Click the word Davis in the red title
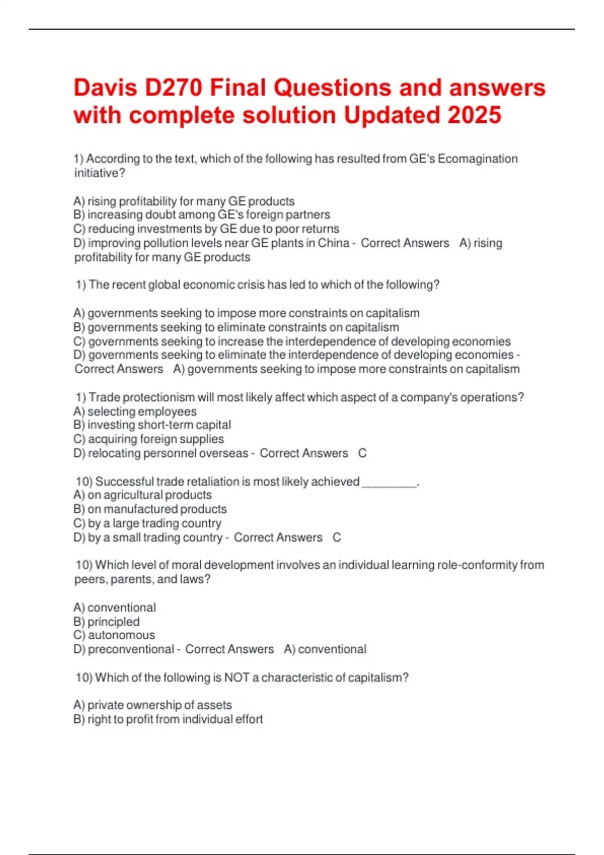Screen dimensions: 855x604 pyautogui.click(x=105, y=88)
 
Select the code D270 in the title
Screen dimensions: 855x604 pyautogui.click(x=173, y=88)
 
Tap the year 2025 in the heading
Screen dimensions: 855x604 pyautogui.click(x=474, y=115)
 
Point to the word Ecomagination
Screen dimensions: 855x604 pyautogui.click(x=478, y=159)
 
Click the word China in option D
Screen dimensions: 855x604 pyautogui.click(x=333, y=243)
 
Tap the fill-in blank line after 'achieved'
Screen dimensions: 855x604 pyautogui.click(x=390, y=483)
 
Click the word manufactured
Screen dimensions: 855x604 pyautogui.click(x=140, y=509)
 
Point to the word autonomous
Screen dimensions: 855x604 pyautogui.click(x=121, y=635)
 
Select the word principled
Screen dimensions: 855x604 pyautogui.click(x=113, y=622)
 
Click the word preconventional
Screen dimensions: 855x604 pyautogui.click(x=131, y=649)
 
